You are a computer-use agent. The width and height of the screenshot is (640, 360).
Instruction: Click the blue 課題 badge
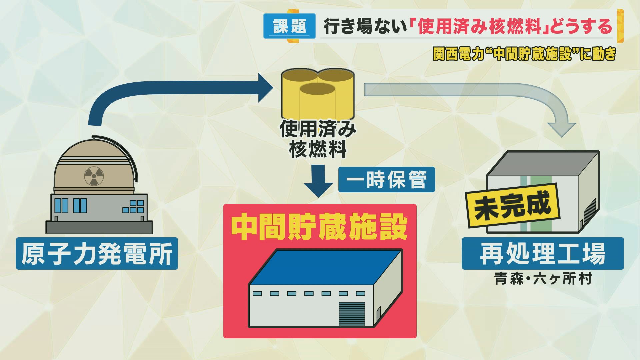coord(289,26)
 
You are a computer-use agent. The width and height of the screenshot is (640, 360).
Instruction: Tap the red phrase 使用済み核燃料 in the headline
coord(479,27)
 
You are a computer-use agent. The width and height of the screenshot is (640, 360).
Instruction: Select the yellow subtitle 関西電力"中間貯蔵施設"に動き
coord(524,54)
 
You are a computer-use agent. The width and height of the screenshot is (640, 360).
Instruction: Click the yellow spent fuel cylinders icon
coord(317,95)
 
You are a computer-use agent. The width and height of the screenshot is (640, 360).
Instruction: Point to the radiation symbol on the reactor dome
coord(94,176)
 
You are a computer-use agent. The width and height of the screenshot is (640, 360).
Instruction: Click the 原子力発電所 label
coord(97,254)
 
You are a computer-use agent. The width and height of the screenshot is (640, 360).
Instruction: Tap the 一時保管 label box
coord(386,180)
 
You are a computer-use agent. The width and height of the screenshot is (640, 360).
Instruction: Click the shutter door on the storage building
coord(352,313)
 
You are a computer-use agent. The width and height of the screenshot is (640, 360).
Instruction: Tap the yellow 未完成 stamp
coord(513,205)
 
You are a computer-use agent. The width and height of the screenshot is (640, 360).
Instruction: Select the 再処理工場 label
coord(542,254)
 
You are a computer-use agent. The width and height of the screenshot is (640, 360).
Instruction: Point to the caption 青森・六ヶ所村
coord(543,279)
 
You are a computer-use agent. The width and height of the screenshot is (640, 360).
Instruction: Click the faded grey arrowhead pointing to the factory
coord(562,129)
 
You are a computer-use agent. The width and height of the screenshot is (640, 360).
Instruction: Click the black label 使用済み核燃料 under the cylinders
coord(317,139)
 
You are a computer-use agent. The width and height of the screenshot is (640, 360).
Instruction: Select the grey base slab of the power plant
coord(99,227)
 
